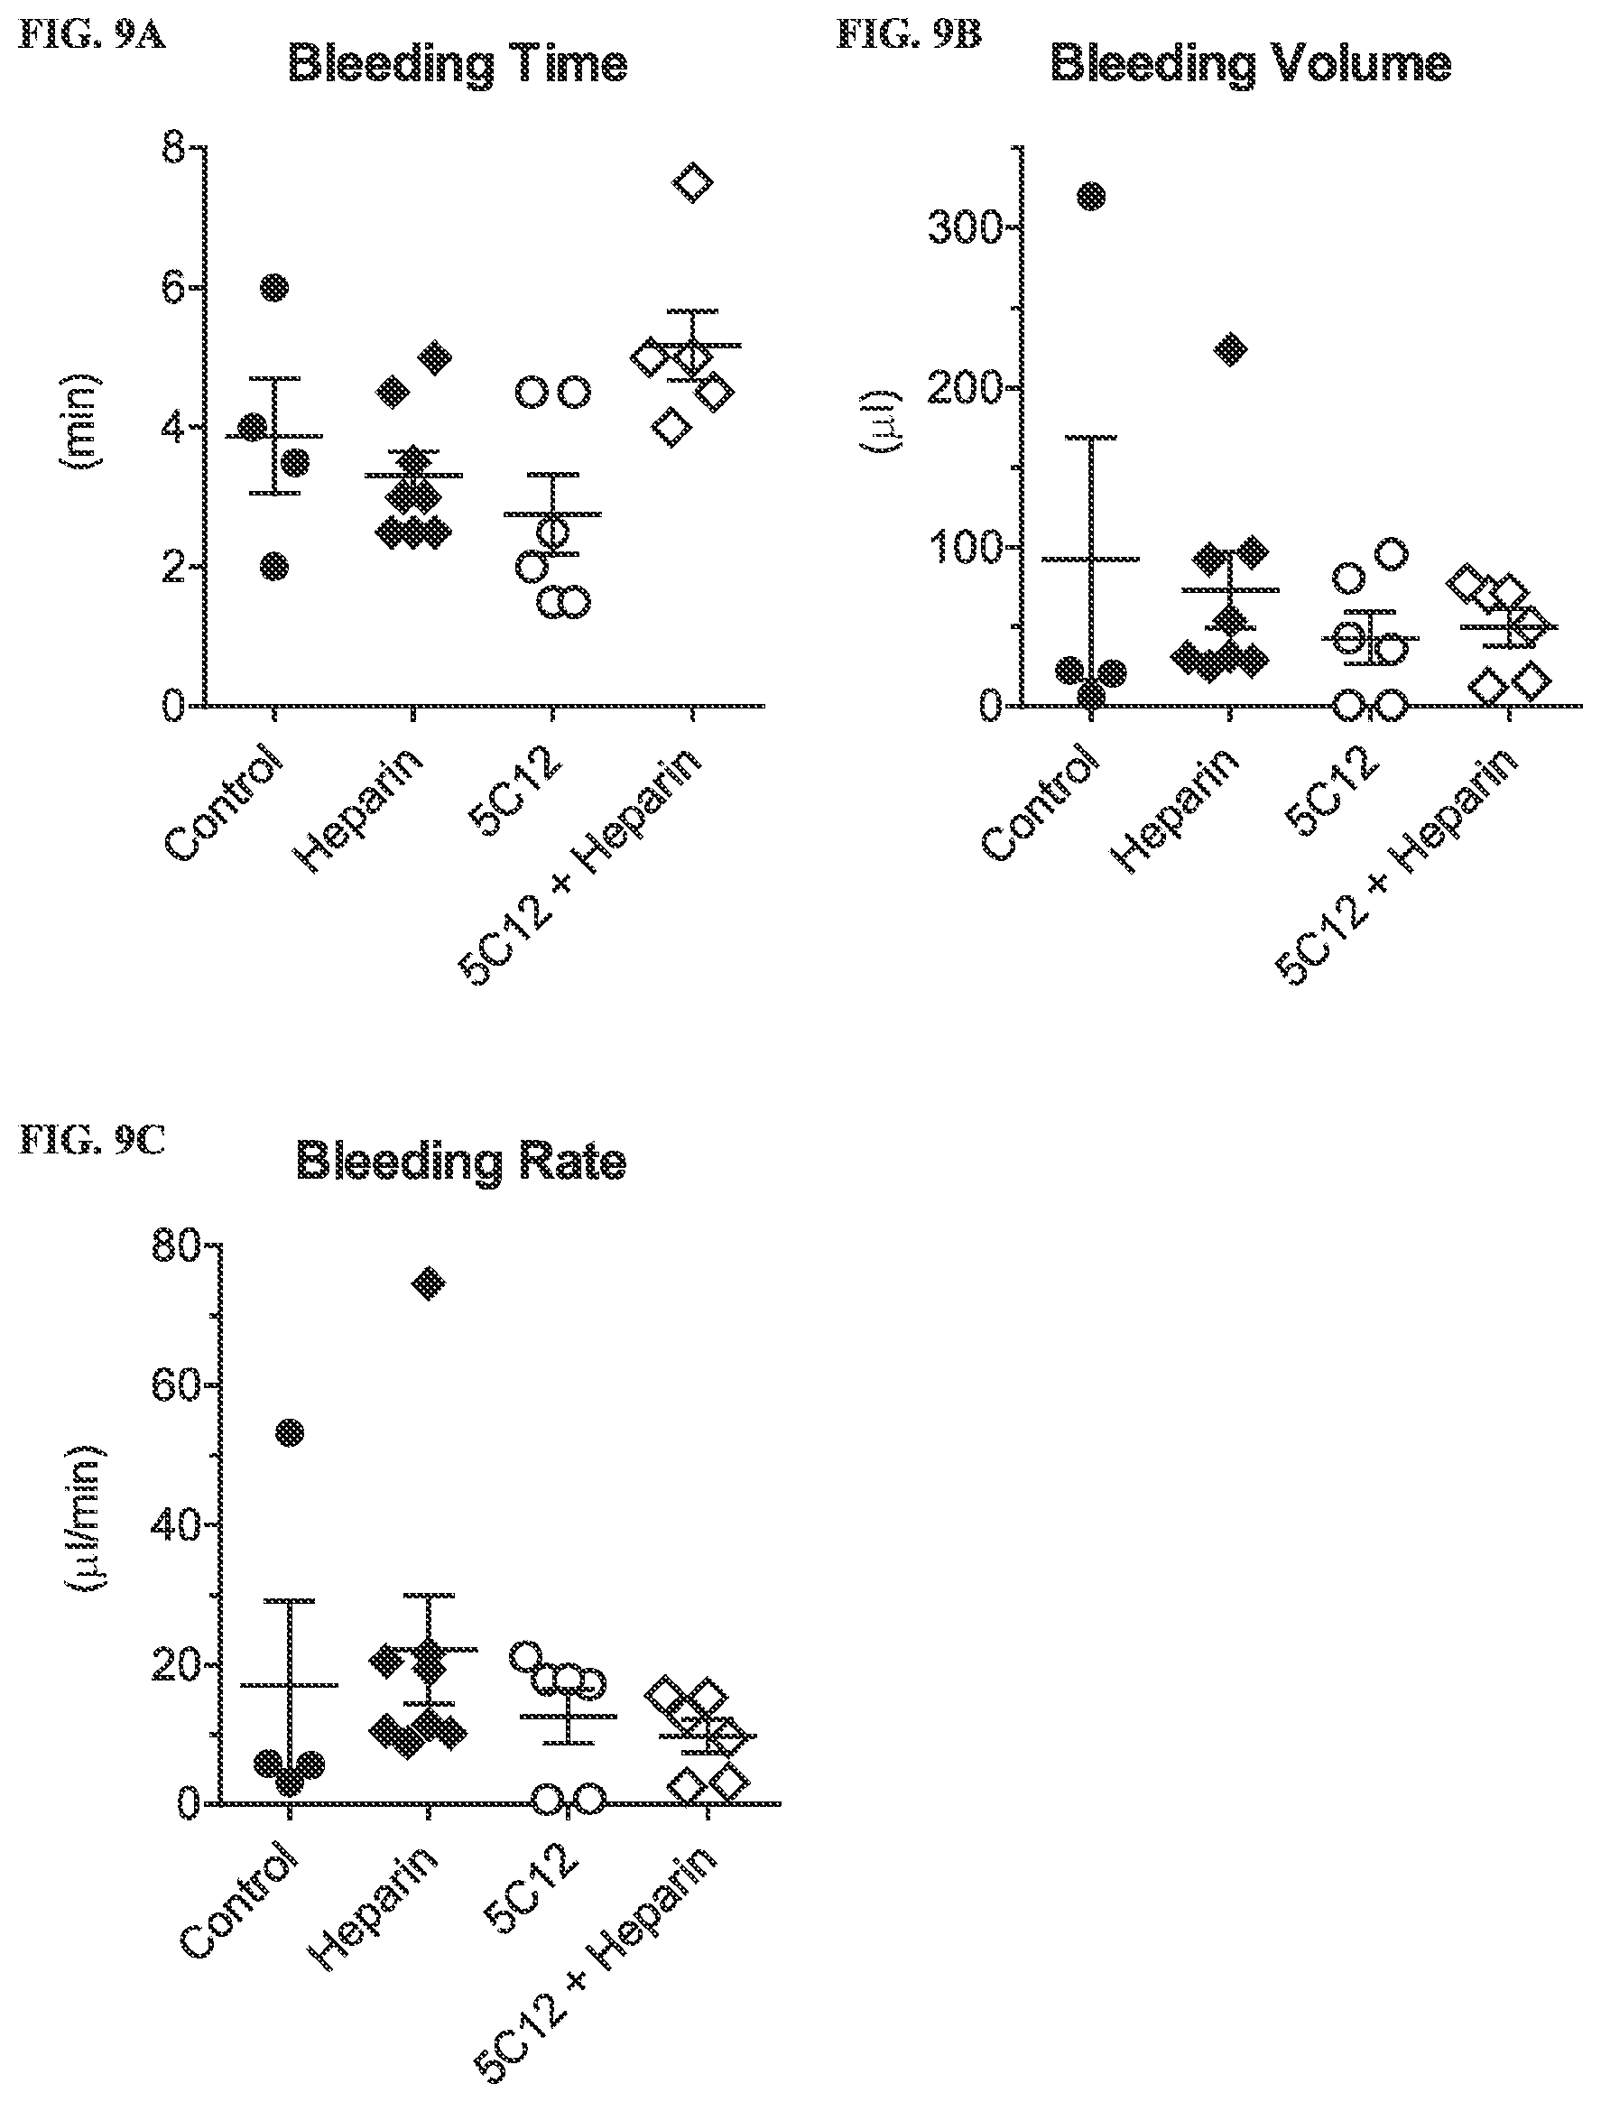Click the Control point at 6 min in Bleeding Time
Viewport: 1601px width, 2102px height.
[x=274, y=287]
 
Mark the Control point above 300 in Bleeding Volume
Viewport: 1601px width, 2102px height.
[x=1090, y=196]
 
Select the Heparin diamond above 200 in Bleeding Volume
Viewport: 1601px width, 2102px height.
[x=1232, y=348]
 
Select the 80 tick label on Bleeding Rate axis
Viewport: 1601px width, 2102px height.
[x=177, y=1245]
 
